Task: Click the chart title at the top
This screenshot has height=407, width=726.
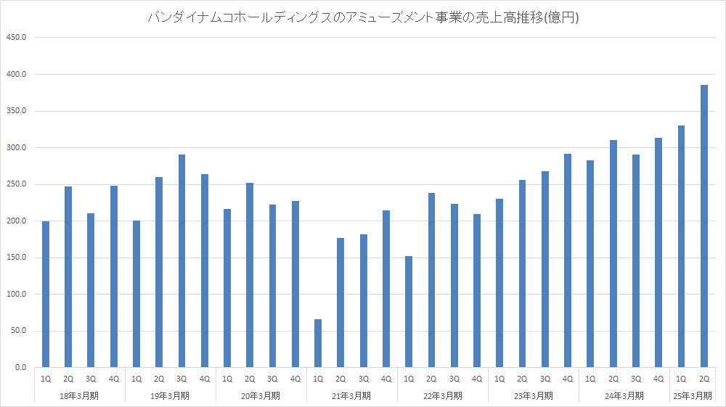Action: click(x=363, y=17)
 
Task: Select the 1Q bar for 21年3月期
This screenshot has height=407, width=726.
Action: click(x=318, y=343)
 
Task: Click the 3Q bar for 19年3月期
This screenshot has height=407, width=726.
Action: click(x=181, y=261)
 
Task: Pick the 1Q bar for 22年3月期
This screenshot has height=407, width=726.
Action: click(x=409, y=312)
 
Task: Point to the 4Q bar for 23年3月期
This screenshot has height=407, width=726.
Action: click(x=568, y=260)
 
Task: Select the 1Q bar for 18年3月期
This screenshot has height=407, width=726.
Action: click(x=46, y=295)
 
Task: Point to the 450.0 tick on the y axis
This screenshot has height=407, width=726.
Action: click(x=15, y=38)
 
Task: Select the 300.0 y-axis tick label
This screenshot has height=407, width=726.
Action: click(x=15, y=148)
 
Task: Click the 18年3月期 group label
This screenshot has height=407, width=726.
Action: click(x=80, y=395)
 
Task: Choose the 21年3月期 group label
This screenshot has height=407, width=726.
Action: click(x=352, y=395)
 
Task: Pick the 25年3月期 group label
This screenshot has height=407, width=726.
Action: click(x=693, y=395)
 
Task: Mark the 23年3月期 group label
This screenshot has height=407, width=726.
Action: click(x=534, y=395)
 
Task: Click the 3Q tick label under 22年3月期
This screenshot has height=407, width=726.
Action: click(x=454, y=379)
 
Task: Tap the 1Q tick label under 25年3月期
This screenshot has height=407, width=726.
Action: click(x=681, y=379)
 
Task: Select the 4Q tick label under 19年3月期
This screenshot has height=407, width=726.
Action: click(x=205, y=379)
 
